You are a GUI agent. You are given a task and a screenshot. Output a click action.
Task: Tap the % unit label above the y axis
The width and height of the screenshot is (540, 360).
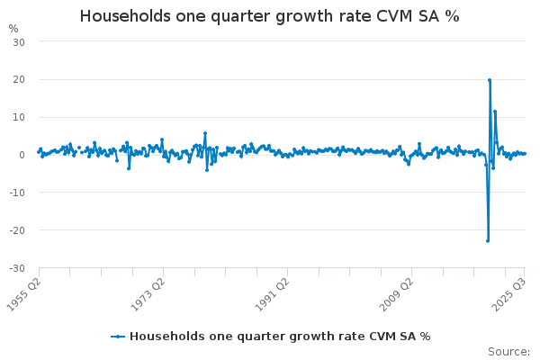pos(13,28)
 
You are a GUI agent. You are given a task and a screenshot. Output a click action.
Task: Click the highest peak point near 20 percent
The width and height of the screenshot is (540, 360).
pos(490,80)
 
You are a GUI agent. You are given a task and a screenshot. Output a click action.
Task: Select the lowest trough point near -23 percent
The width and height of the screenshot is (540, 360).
pos(488,240)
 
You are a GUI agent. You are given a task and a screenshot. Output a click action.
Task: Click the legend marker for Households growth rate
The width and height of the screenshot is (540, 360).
pos(118,337)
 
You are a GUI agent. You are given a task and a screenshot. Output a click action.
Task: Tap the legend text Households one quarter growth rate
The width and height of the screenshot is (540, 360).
pos(279,337)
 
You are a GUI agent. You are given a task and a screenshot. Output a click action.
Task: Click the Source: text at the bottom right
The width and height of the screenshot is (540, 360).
pos(508,352)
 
